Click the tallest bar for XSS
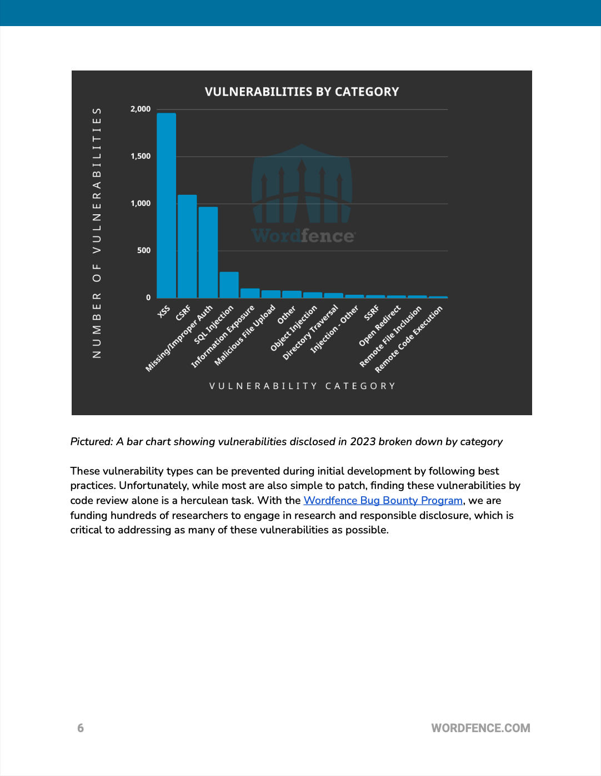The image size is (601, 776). pos(166,205)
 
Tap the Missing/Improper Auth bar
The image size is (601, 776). pos(208,252)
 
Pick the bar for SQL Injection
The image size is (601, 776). pos(229,284)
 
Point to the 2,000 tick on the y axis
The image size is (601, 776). pos(141,109)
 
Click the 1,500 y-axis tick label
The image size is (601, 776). pos(141,156)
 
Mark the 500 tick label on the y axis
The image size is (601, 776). pos(144,250)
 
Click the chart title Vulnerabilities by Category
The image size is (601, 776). pos(302,92)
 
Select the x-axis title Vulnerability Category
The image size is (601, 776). pos(302,386)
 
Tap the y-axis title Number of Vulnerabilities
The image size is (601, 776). pos(97,233)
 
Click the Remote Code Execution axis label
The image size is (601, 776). pos(409,339)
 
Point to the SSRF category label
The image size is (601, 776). pos(372,313)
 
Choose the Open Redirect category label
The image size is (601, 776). pos(380,326)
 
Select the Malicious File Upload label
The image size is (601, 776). pos(245,335)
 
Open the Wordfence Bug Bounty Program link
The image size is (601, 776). pos(383,501)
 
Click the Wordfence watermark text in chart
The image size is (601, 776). pos(303,236)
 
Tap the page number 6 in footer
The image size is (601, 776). pos(81,728)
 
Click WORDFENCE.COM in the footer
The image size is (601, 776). pos(480,728)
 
